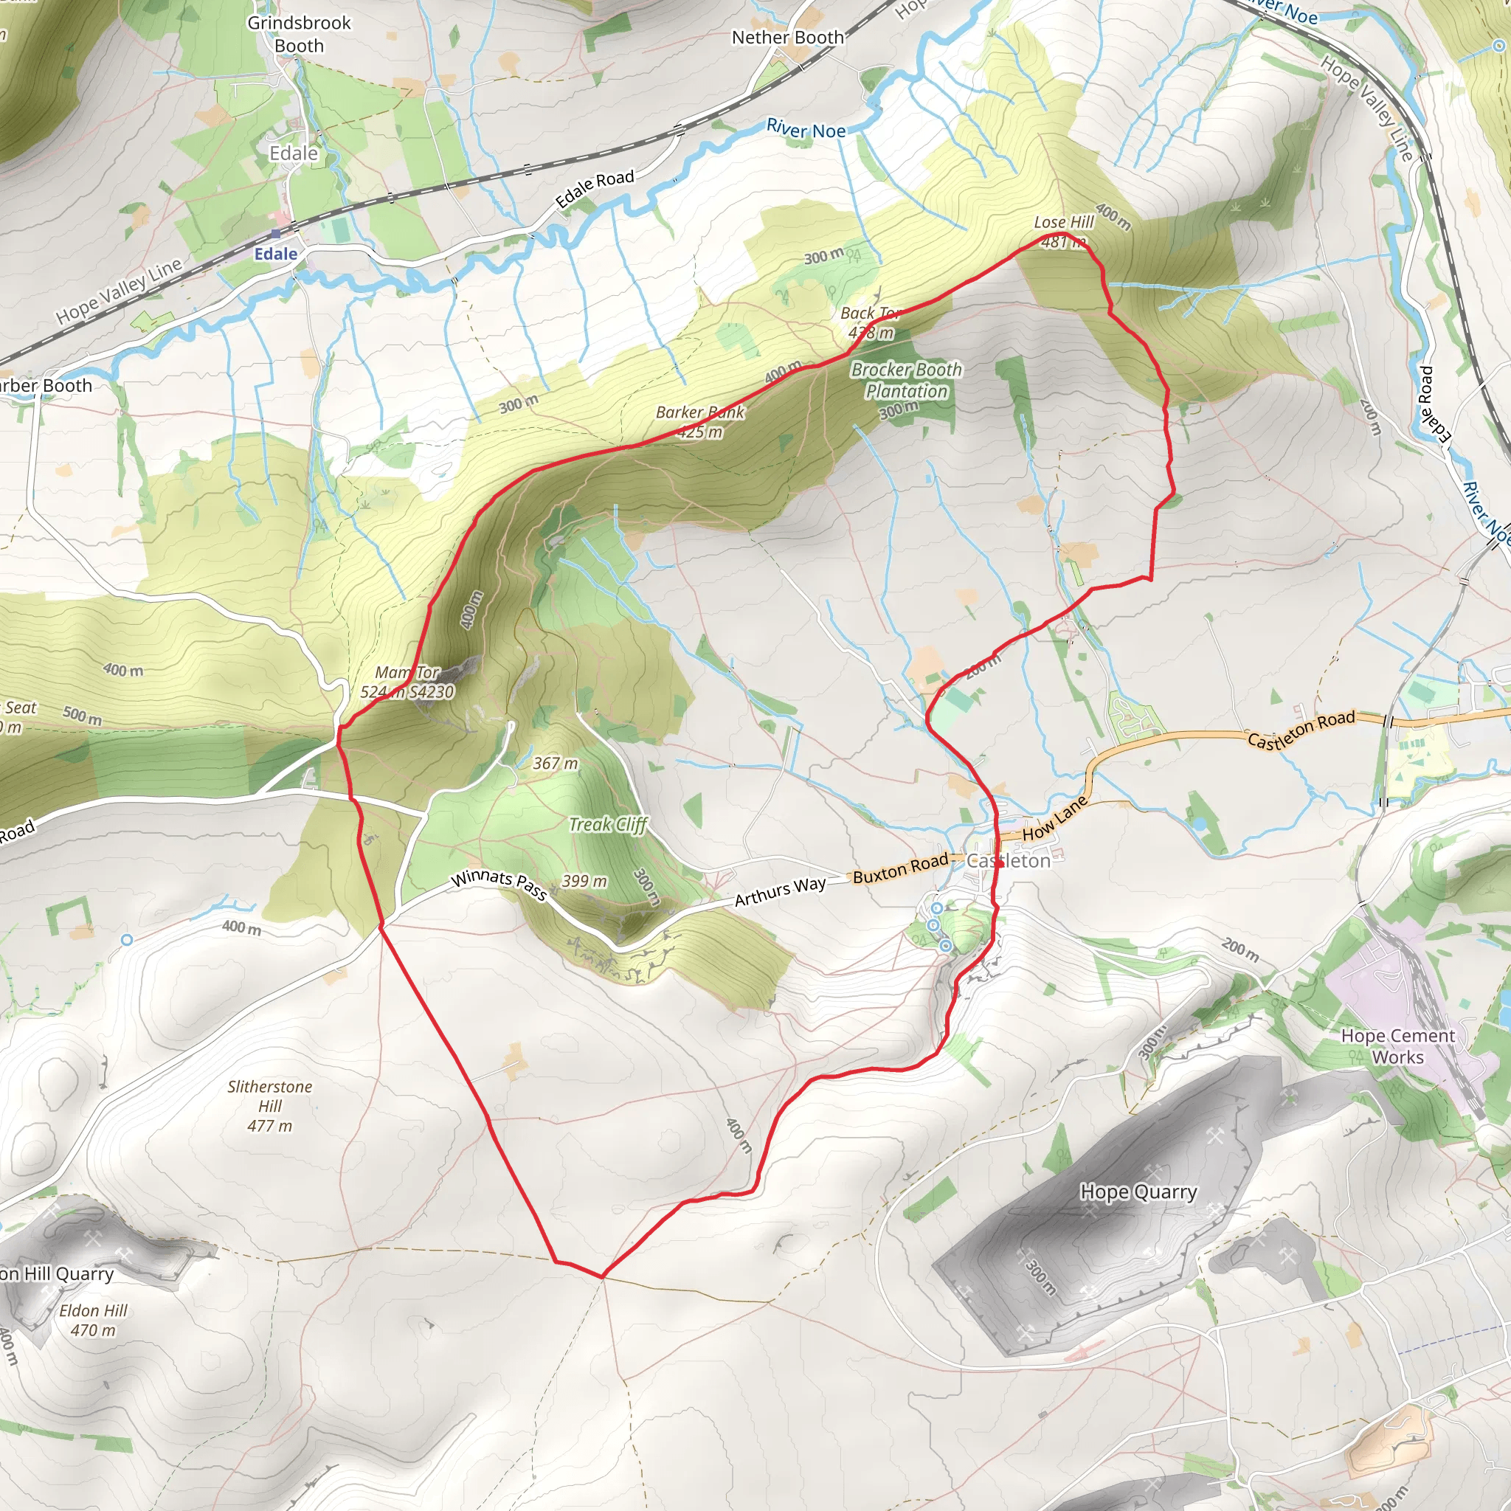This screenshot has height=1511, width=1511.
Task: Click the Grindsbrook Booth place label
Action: [x=299, y=35]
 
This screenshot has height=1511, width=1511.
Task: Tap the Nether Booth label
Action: [x=787, y=38]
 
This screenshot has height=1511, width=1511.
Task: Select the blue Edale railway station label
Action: [x=275, y=255]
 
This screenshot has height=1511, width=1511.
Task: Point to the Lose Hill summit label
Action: [x=1064, y=232]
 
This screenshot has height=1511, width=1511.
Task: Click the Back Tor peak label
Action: [x=871, y=322]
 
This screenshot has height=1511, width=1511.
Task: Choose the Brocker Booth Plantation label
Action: [x=907, y=380]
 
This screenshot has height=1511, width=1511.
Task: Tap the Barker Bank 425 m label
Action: [x=700, y=421]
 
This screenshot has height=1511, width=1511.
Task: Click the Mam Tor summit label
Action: [x=407, y=682]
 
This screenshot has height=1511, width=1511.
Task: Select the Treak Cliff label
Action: [x=608, y=824]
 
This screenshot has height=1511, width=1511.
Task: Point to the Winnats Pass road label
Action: [x=499, y=885]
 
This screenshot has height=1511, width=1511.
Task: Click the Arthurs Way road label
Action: [x=780, y=891]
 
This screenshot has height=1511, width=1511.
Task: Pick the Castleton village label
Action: [x=1009, y=861]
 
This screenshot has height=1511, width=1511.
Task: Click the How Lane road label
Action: [x=1054, y=818]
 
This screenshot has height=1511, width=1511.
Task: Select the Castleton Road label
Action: [x=1301, y=729]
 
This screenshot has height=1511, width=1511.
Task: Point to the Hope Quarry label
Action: [x=1138, y=1192]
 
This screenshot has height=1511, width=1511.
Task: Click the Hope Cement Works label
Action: [x=1397, y=1045]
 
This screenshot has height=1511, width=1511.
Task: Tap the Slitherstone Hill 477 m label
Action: [x=270, y=1106]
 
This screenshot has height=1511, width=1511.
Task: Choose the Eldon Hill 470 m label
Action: [x=93, y=1320]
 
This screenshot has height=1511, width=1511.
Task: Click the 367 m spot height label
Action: [x=556, y=764]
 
